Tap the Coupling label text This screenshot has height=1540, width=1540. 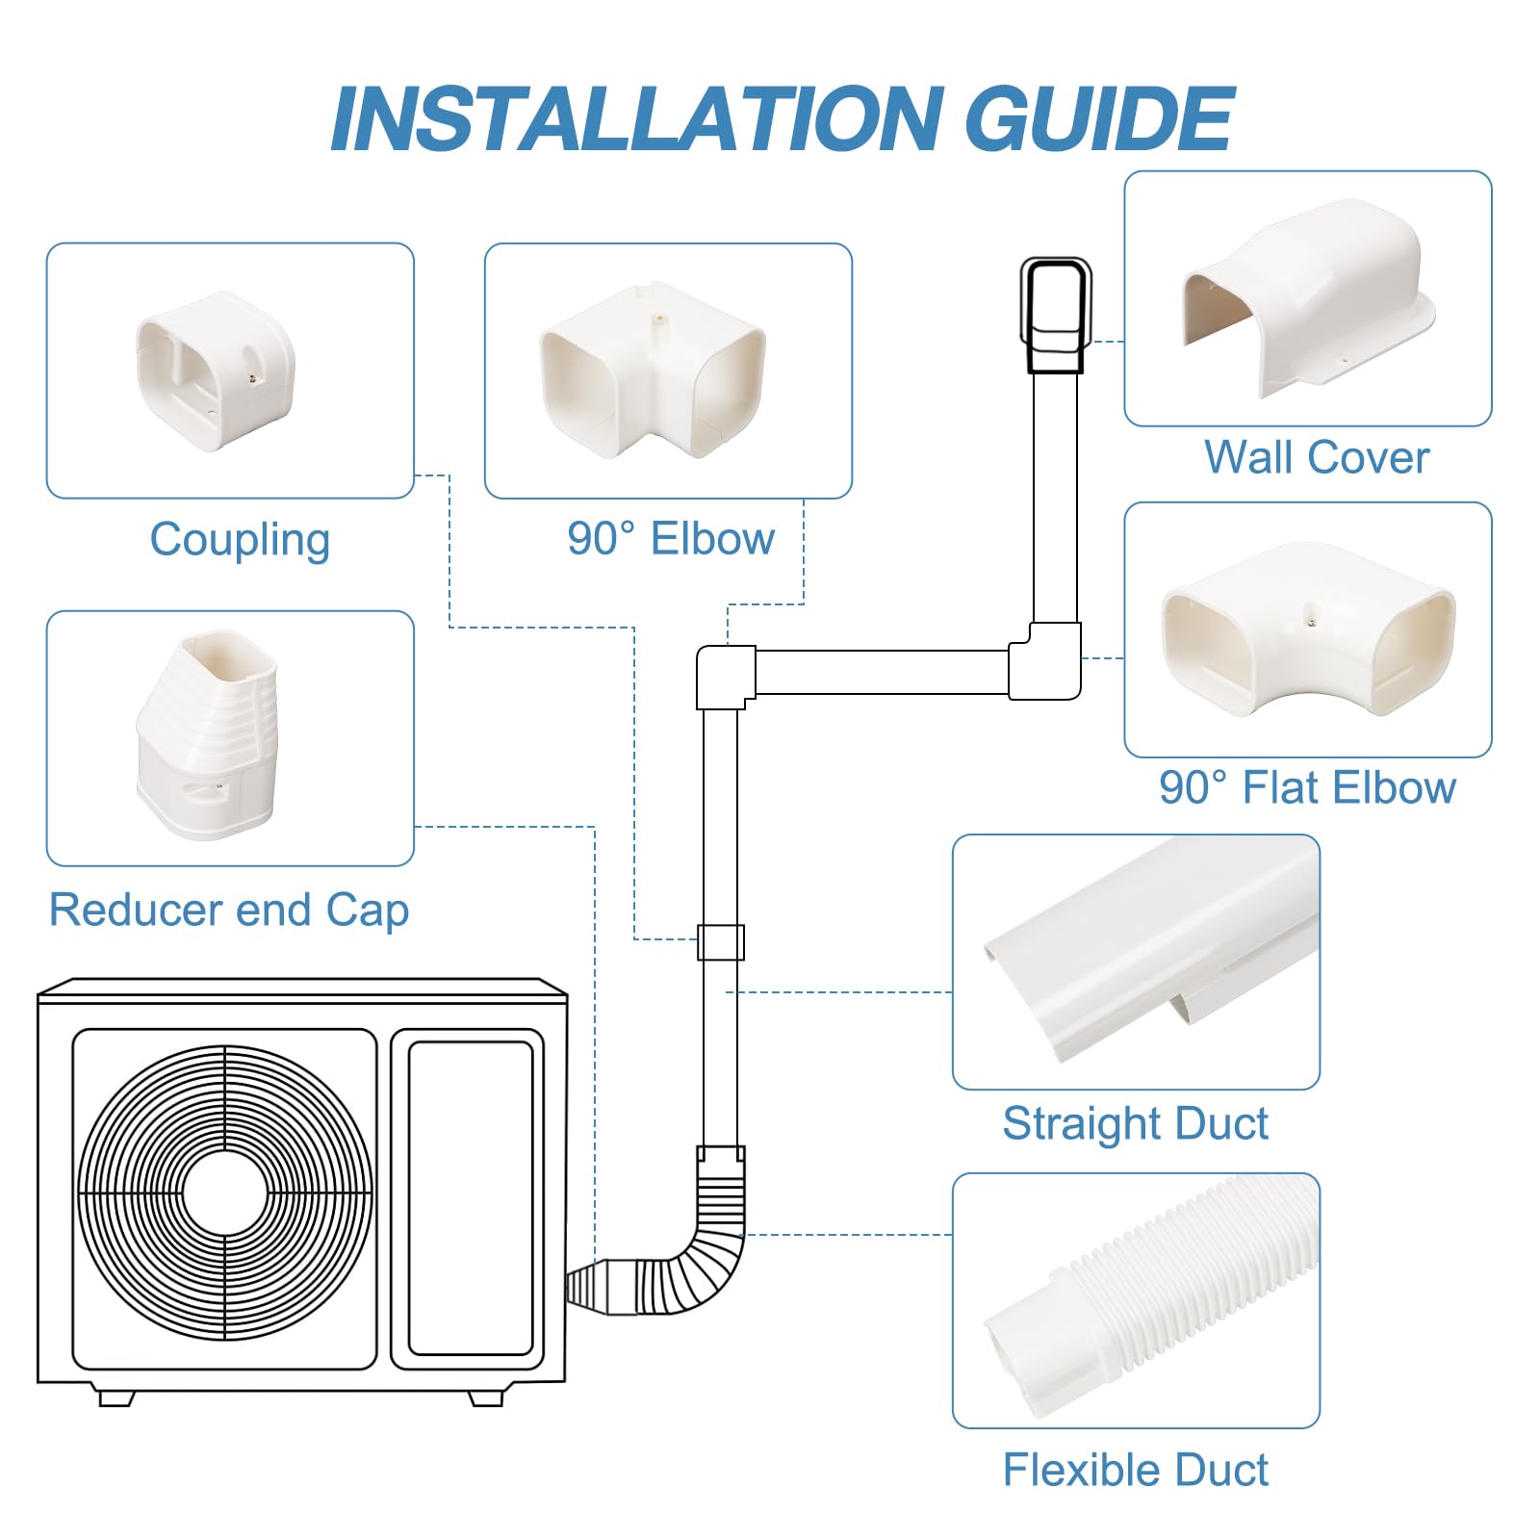(240, 539)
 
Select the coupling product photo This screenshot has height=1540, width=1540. (217, 371)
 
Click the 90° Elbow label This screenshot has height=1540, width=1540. (671, 539)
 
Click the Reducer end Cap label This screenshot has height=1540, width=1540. (229, 910)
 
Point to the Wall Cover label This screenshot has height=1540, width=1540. (1316, 457)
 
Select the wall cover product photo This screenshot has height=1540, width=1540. (1307, 298)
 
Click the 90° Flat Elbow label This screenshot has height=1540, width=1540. (1307, 787)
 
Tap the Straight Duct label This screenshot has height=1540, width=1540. (1136, 1123)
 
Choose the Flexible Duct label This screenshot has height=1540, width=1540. (1136, 1470)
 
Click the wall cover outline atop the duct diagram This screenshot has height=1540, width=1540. (1056, 315)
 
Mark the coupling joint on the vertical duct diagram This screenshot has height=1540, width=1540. (721, 942)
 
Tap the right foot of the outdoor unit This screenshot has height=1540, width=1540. (486, 1397)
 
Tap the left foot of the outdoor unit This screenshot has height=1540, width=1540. (115, 1397)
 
